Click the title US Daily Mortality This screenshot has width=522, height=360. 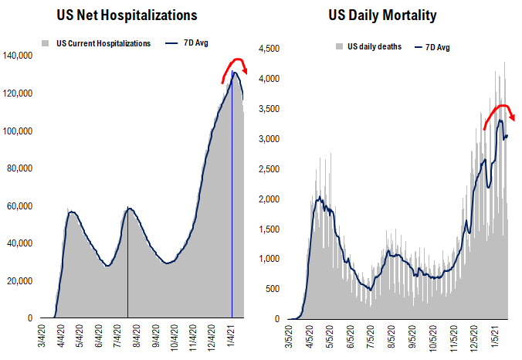pyautogui.click(x=394, y=15)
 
